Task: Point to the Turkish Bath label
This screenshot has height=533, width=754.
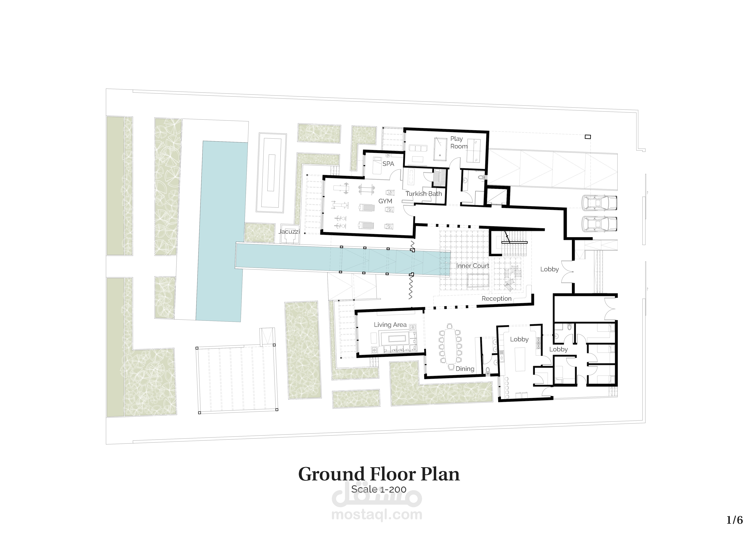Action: [x=424, y=194]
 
